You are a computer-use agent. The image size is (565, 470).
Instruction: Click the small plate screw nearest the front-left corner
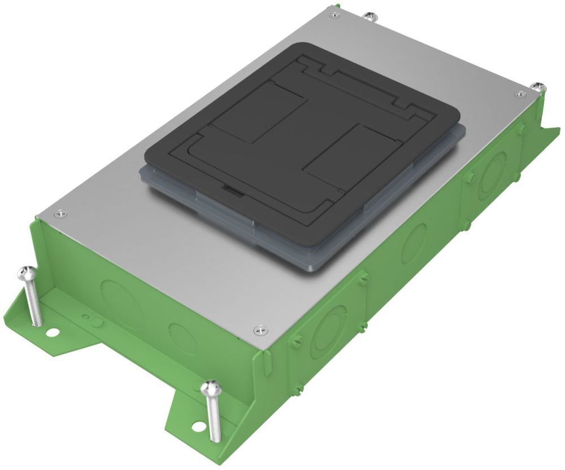(59, 213)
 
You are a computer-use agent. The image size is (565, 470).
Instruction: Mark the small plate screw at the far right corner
(520, 93)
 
